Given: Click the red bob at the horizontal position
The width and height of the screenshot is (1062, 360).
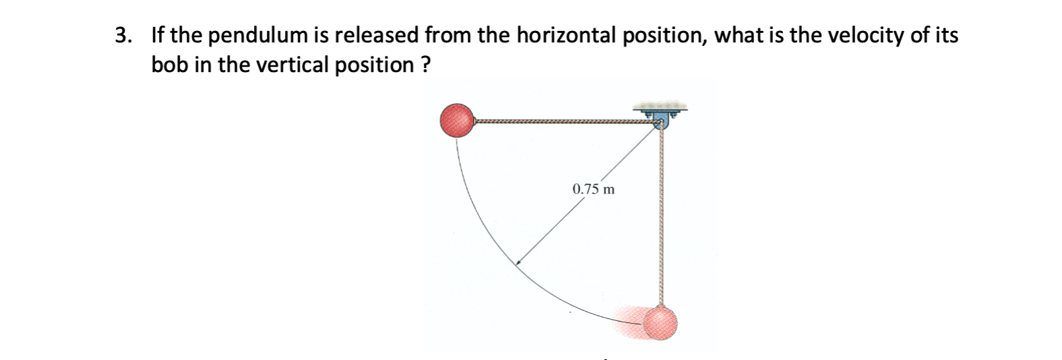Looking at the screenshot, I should point(458,121).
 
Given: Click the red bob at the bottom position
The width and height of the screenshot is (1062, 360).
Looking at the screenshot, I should point(660,324).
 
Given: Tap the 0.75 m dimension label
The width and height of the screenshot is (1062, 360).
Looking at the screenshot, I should point(593,189).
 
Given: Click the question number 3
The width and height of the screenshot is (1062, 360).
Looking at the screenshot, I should point(122,36).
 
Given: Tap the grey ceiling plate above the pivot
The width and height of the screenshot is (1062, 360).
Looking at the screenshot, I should point(660,107).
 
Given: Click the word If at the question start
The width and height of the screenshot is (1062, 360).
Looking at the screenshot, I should point(158,36).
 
